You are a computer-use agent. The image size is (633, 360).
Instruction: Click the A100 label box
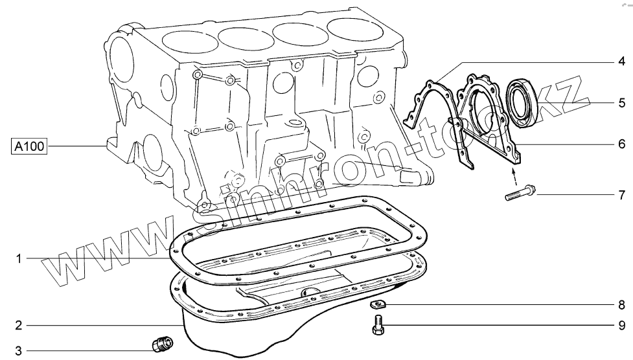point(29,146)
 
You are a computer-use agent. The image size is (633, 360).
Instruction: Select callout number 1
point(18,258)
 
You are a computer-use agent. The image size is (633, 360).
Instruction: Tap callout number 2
point(19,325)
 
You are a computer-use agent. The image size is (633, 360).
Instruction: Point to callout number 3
point(19,350)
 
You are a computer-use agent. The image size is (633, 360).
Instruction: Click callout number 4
point(622,62)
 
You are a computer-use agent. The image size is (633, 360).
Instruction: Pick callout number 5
point(622,103)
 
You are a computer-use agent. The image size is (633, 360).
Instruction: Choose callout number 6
point(622,144)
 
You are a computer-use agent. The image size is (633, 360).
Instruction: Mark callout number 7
point(622,196)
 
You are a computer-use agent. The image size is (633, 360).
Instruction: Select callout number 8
point(622,305)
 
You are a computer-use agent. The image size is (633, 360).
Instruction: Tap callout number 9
point(622,325)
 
